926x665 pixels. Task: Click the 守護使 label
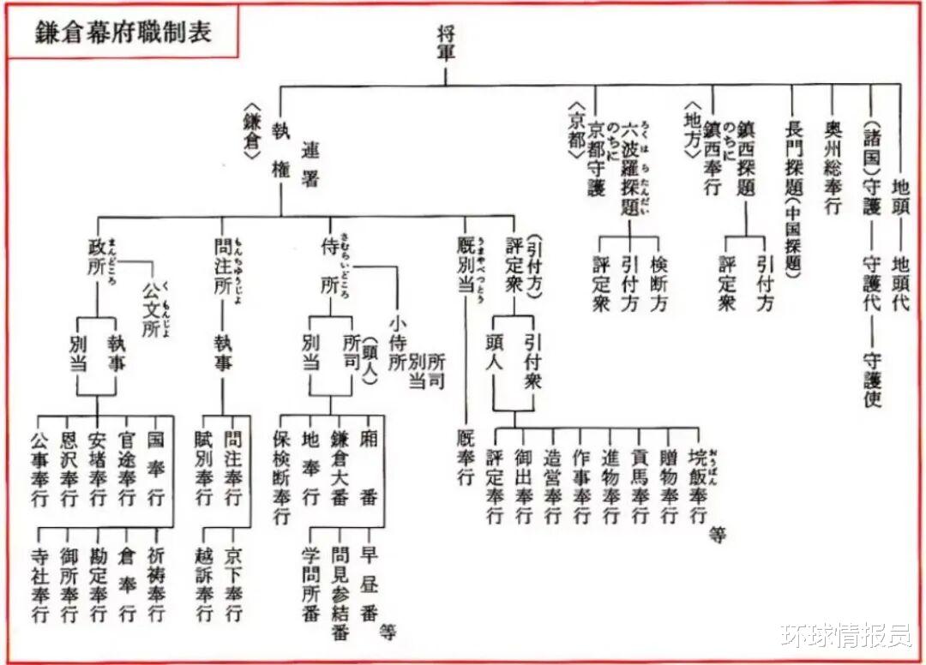873,377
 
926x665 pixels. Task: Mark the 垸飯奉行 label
698,487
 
